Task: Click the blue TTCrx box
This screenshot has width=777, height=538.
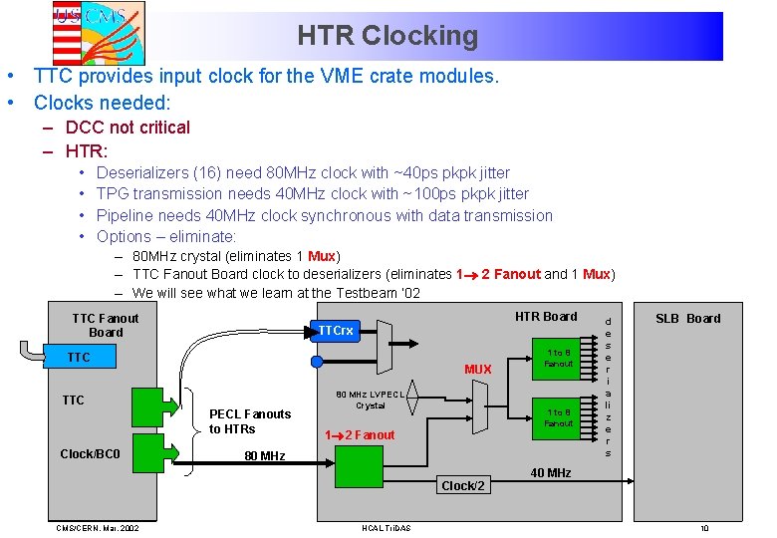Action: coord(335,331)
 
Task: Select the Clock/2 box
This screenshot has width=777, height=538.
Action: coord(462,485)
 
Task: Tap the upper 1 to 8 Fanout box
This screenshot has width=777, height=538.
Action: coord(558,358)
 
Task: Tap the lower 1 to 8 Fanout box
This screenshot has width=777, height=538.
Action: coord(558,417)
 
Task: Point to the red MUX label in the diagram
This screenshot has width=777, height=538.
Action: coord(477,370)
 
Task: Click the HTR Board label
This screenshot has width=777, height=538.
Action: coord(546,317)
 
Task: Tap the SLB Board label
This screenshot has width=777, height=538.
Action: coord(687,319)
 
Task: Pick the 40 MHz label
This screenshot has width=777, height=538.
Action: coord(550,472)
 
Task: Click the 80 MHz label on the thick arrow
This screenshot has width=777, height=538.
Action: coord(264,456)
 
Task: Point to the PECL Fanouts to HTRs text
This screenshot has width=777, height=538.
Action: coord(249,421)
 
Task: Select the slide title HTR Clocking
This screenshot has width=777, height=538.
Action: coord(388,37)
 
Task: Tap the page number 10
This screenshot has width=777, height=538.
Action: coord(704,528)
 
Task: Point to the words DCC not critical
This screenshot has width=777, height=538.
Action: coord(128,128)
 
